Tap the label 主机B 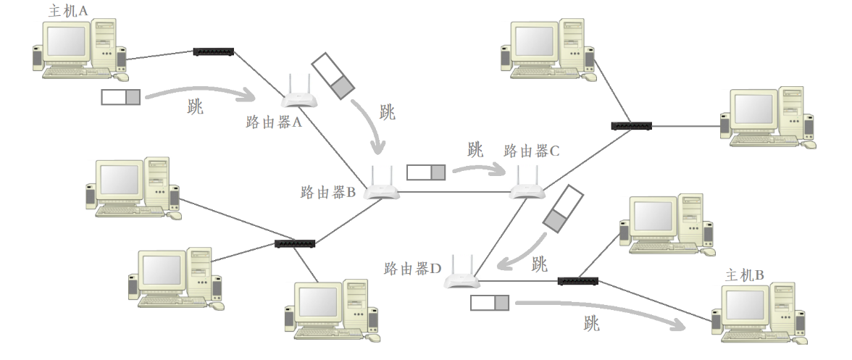pyautogui.click(x=744, y=275)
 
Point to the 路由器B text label pyautogui.click(x=327, y=193)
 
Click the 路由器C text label pyautogui.click(x=532, y=151)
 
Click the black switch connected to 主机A pyautogui.click(x=214, y=51)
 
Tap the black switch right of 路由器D pyautogui.click(x=578, y=280)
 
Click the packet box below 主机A pyautogui.click(x=121, y=97)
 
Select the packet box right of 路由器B pyautogui.click(x=426, y=172)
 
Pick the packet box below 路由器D pyautogui.click(x=490, y=302)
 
